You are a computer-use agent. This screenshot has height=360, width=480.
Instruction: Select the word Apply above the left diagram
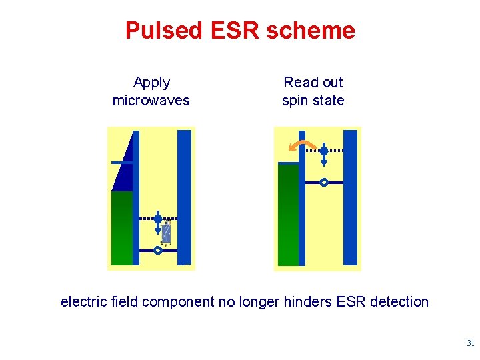(151, 83)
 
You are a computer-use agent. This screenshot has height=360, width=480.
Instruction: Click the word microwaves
(151, 101)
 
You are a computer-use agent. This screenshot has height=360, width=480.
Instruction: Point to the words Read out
(313, 83)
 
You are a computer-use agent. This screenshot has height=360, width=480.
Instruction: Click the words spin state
(313, 101)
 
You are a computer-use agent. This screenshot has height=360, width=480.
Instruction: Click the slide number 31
(470, 344)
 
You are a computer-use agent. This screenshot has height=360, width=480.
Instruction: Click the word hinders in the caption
(309, 302)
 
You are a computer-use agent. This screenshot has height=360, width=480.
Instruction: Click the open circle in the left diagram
(158, 251)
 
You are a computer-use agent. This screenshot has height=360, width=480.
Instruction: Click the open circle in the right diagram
(324, 182)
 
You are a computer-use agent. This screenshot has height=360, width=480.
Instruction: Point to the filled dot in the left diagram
(158, 218)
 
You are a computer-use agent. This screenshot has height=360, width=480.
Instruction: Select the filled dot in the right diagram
(324, 151)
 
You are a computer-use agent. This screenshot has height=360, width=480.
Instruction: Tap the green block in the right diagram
(288, 215)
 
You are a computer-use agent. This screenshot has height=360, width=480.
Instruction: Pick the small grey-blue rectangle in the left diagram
(166, 233)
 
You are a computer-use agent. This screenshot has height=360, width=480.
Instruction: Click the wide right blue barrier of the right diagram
(350, 197)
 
